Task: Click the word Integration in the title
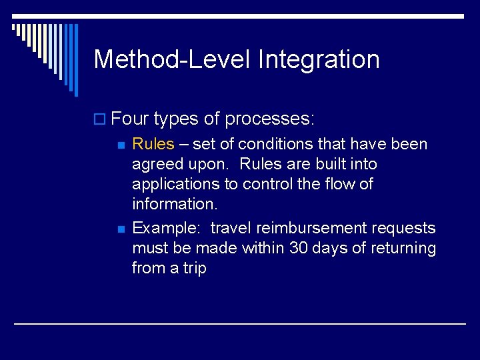tap(318, 59)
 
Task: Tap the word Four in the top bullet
tap(130, 119)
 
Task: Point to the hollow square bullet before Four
tap(101, 120)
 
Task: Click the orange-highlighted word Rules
tap(153, 144)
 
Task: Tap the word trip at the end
tap(194, 268)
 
